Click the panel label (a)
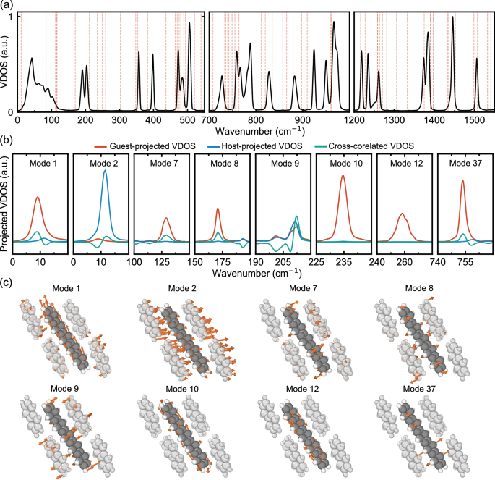pos(7,5)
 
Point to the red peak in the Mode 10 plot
pos(343,177)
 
